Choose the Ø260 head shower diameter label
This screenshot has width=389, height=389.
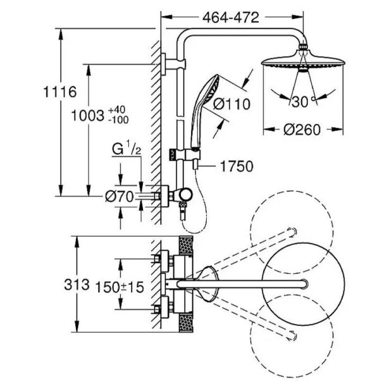coord(302,130)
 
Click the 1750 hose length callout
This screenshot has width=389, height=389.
coord(236,166)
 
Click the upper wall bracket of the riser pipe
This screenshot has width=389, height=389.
coord(166,63)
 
